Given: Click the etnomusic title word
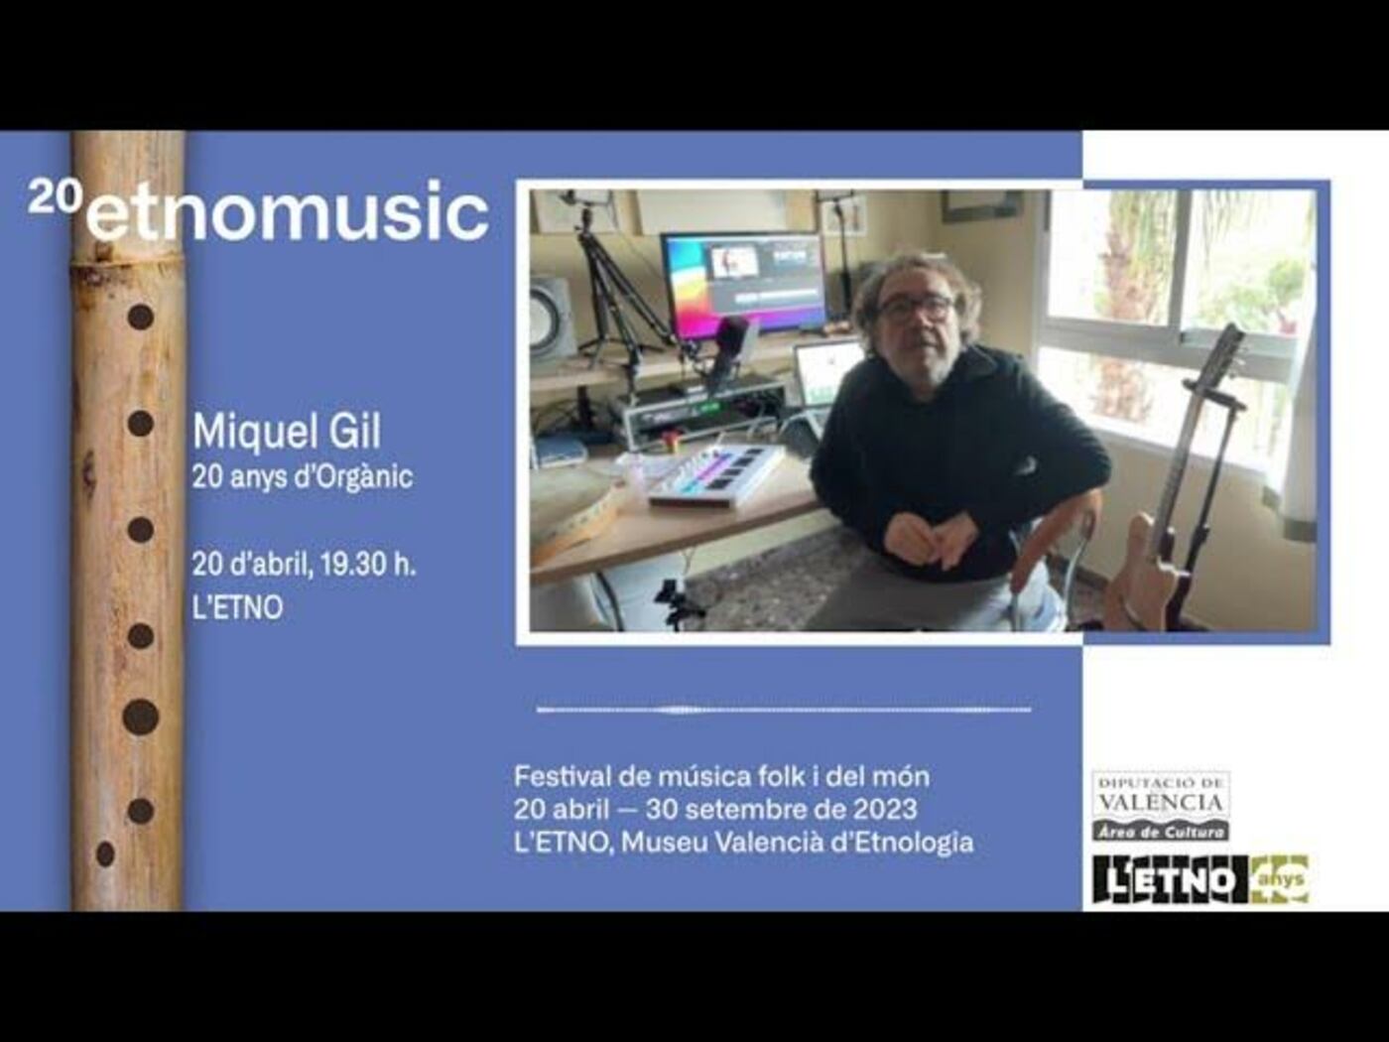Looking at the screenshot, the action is pyautogui.click(x=288, y=210).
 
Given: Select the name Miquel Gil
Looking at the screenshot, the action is pyautogui.click(x=287, y=432).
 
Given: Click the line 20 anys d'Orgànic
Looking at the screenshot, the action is pyautogui.click(x=303, y=477).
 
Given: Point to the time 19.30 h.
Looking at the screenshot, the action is pyautogui.click(x=368, y=564).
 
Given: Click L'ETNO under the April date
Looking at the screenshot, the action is pyautogui.click(x=237, y=608).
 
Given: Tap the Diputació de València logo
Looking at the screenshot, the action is pyautogui.click(x=1161, y=806).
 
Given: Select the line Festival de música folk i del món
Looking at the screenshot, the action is pyautogui.click(x=722, y=776).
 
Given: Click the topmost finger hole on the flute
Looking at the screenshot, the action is pyautogui.click(x=141, y=317).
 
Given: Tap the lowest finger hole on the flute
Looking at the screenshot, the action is pyautogui.click(x=106, y=854).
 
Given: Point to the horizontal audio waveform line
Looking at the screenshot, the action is pyautogui.click(x=784, y=710).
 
